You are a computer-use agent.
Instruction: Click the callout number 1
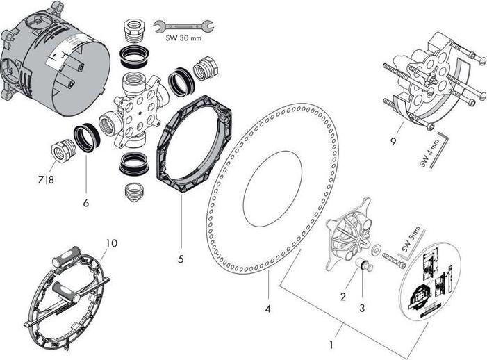[x=331, y=344]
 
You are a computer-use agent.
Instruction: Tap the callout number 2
[x=342, y=297]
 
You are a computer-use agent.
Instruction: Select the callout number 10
[x=111, y=243]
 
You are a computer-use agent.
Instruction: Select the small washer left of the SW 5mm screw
[x=375, y=249]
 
